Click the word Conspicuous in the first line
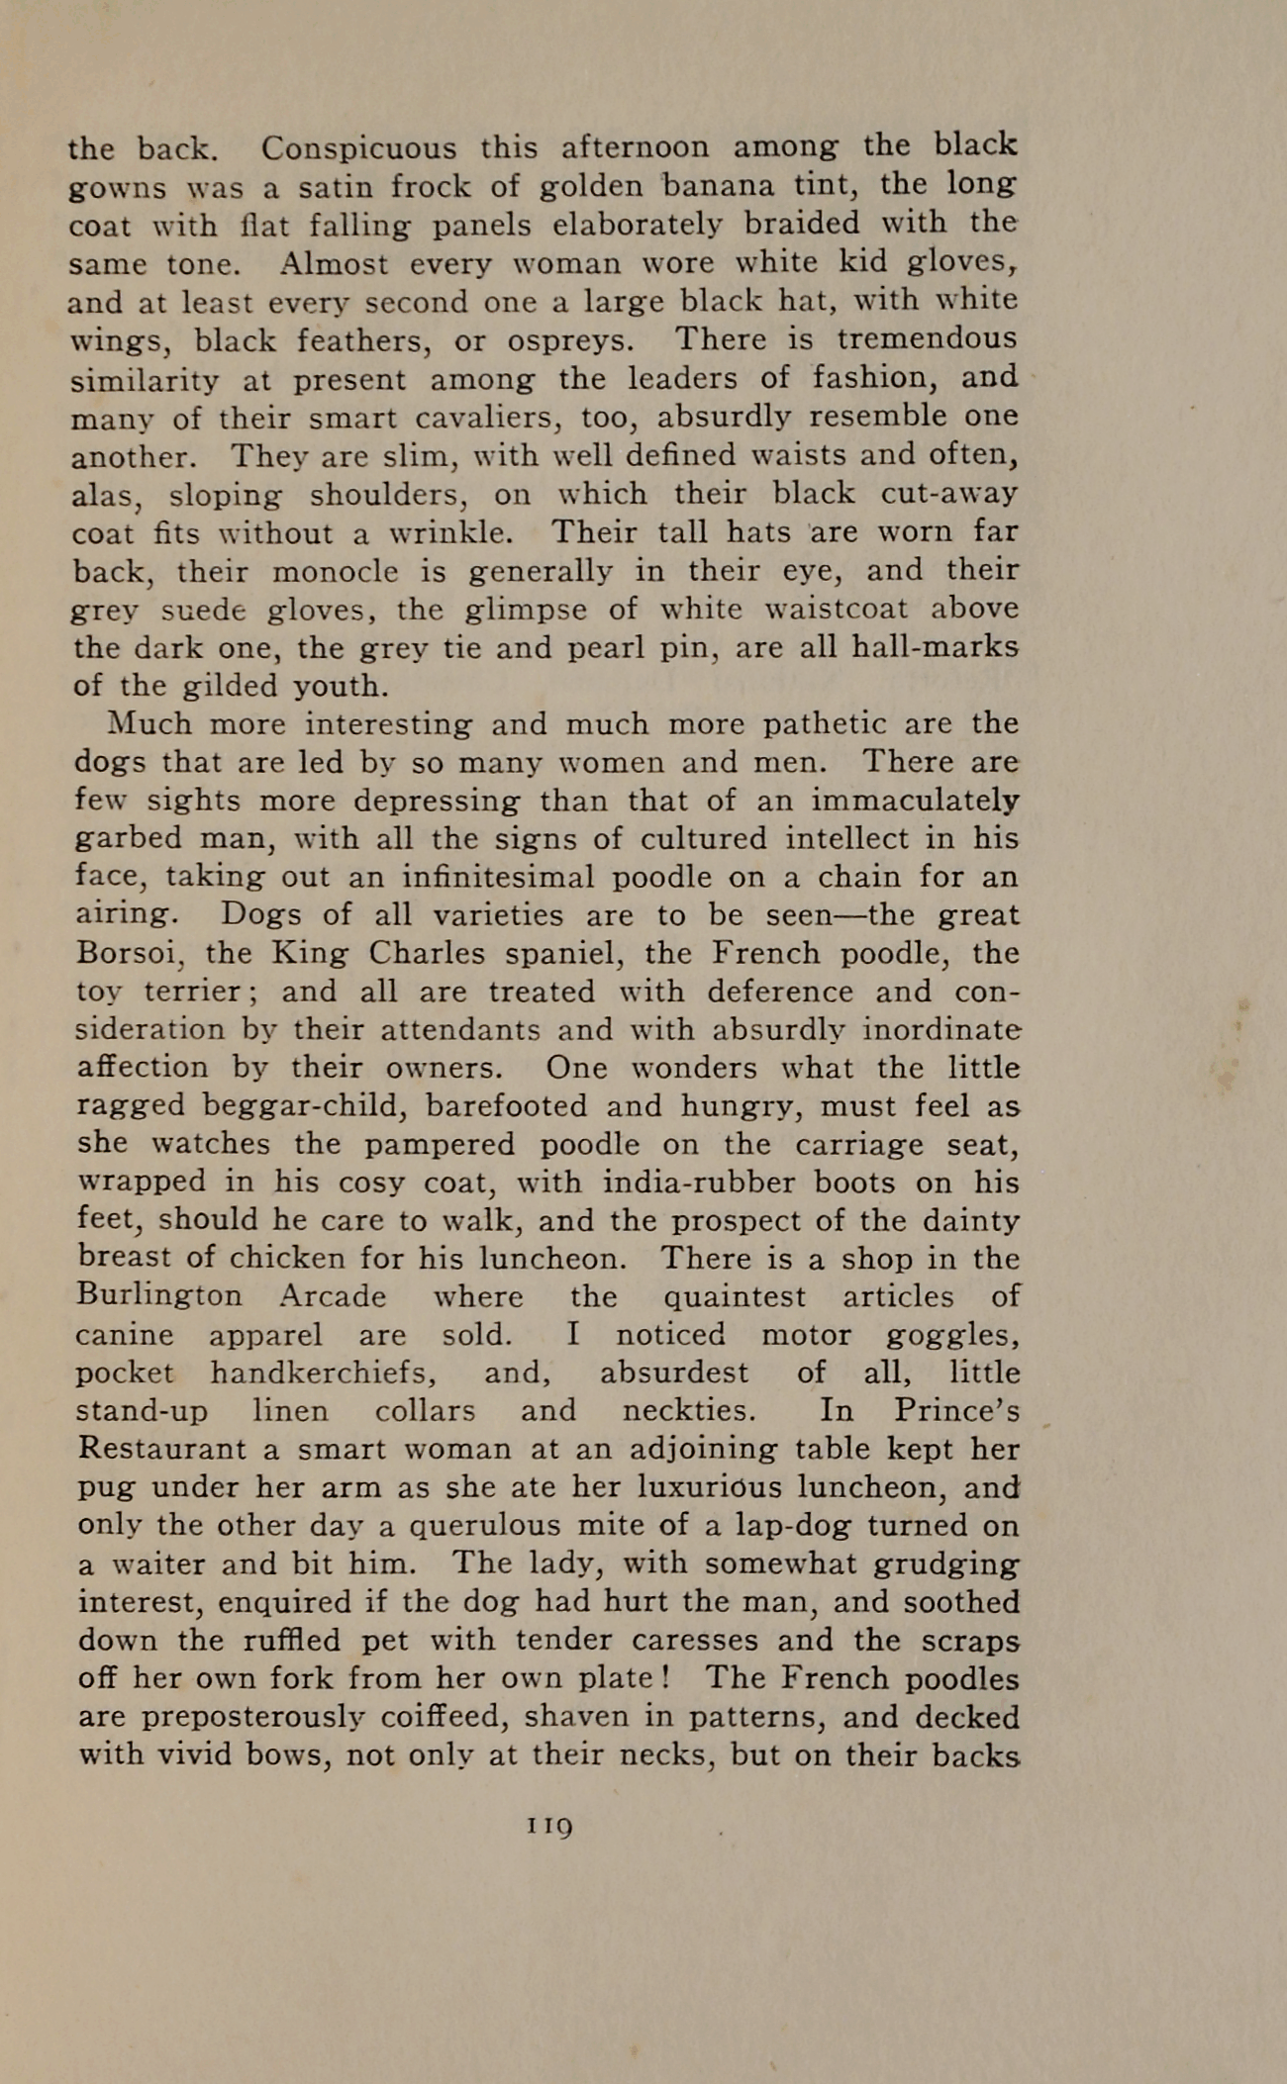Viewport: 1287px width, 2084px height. pos(358,148)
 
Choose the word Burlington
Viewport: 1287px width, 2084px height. pos(158,1297)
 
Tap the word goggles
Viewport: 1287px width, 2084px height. pos(952,1336)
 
